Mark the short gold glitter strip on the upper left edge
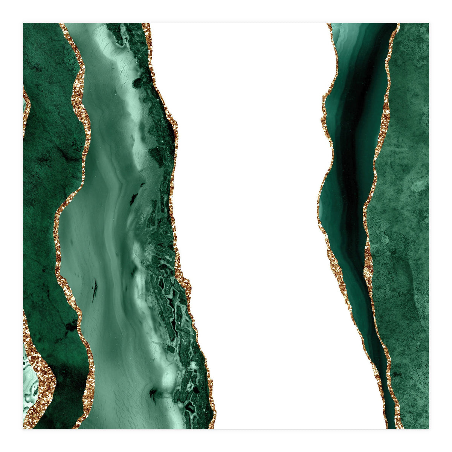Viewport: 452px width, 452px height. (26, 109)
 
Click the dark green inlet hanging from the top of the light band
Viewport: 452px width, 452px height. (117, 34)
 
